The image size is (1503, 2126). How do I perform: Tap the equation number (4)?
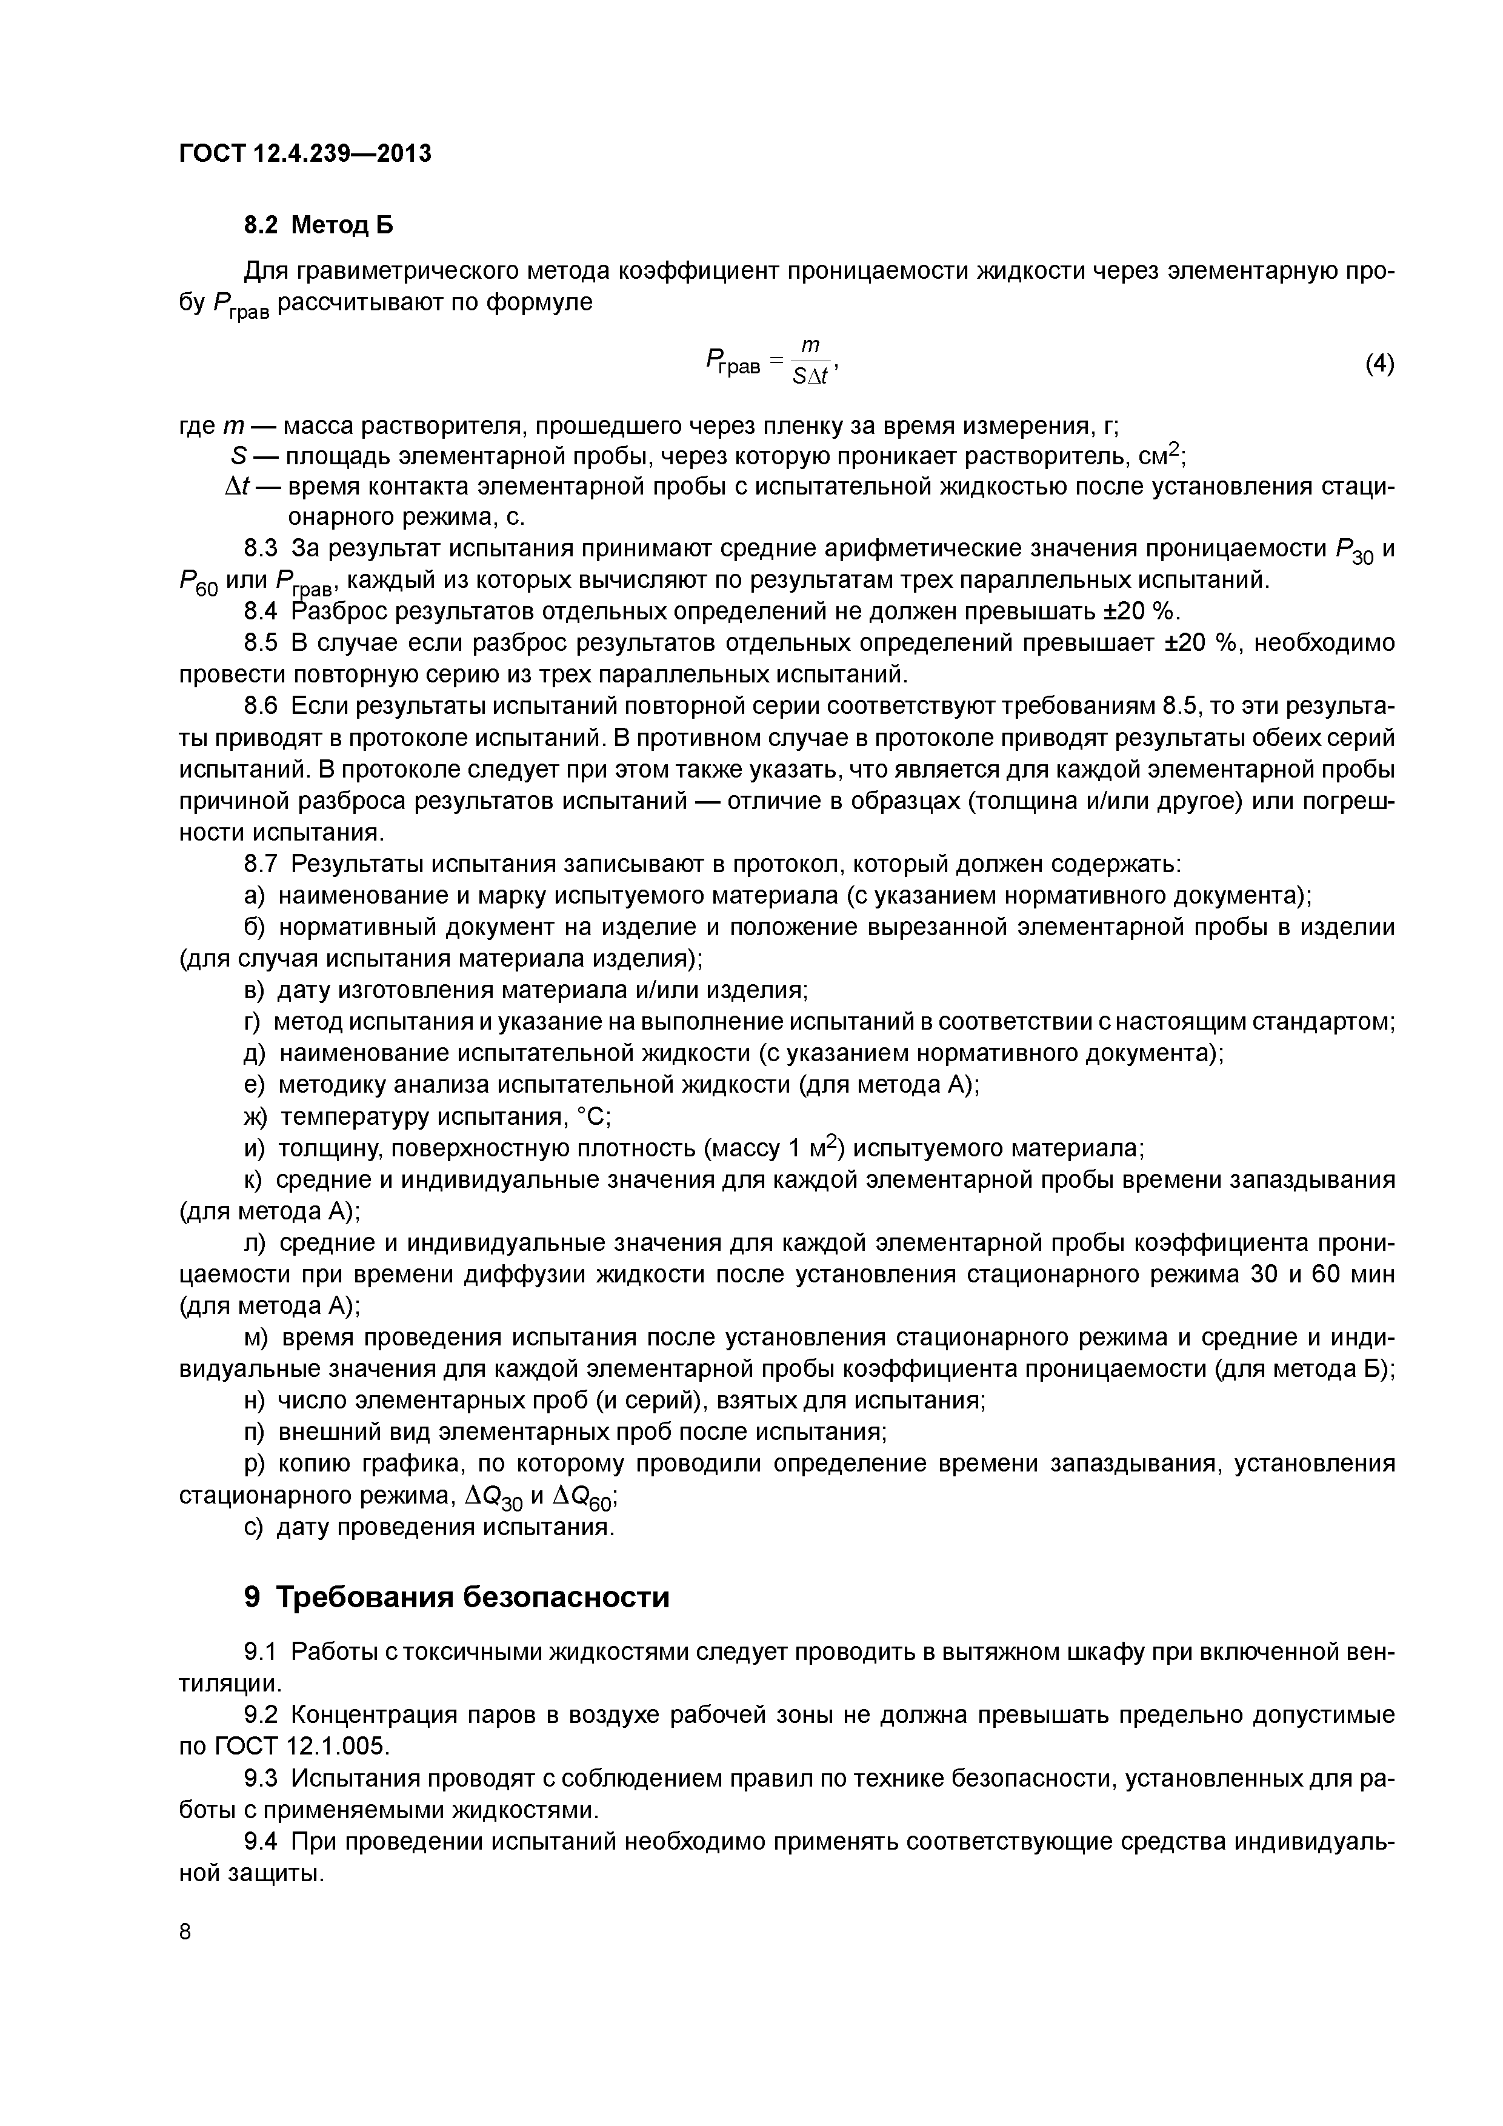tap(1379, 364)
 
